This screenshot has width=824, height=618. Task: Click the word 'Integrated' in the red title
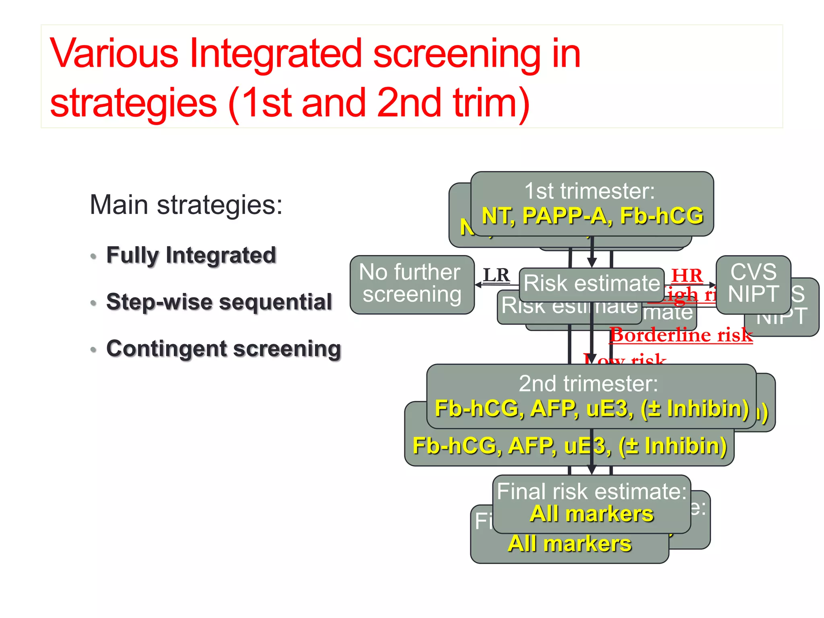(x=276, y=54)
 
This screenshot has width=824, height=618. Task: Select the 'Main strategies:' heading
(x=186, y=205)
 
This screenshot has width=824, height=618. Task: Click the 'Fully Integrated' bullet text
(x=191, y=255)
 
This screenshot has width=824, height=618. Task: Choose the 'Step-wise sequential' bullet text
(x=219, y=302)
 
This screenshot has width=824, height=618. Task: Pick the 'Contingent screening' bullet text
(x=223, y=348)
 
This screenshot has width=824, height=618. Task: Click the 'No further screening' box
(x=412, y=284)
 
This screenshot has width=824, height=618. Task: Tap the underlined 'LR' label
(x=496, y=276)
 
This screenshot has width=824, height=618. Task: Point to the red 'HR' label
(x=687, y=276)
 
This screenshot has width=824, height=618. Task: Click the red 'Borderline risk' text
(x=681, y=335)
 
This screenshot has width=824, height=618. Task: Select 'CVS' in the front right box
(x=753, y=272)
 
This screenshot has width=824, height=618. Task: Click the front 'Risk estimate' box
(x=591, y=284)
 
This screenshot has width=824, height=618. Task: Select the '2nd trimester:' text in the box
(x=588, y=383)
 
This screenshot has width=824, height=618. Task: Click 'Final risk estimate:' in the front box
(x=591, y=492)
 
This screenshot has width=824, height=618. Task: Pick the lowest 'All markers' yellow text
(x=569, y=544)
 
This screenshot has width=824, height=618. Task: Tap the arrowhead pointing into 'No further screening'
(x=478, y=284)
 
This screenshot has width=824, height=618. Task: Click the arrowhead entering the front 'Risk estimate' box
(x=591, y=263)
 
